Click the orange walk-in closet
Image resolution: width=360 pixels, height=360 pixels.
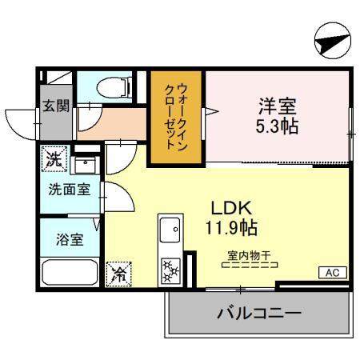coord(176,118)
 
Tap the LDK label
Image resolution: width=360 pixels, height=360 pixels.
coord(226,206)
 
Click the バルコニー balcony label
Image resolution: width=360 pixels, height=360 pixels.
coord(259,312)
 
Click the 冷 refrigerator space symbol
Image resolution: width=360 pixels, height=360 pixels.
coord(119,274)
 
